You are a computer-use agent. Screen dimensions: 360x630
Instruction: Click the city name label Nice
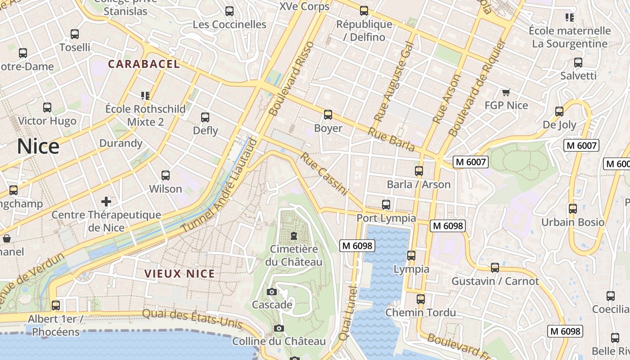(38, 147)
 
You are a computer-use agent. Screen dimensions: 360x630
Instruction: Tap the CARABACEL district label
(144, 64)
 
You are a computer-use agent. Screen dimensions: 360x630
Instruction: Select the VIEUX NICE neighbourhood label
(180, 274)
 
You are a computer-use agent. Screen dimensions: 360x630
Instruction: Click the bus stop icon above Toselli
(75, 34)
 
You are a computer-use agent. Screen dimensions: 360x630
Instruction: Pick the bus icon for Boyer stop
(328, 115)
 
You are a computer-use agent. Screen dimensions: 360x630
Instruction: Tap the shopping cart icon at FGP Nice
(506, 92)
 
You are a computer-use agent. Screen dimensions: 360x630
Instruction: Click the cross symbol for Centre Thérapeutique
(106, 201)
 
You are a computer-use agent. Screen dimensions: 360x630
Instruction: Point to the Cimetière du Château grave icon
(294, 236)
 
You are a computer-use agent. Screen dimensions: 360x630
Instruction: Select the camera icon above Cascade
(271, 292)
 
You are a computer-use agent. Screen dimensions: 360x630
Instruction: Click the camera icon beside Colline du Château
(279, 328)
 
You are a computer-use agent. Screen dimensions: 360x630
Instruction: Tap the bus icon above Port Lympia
(386, 205)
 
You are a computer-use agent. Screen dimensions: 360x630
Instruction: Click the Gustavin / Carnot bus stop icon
(495, 268)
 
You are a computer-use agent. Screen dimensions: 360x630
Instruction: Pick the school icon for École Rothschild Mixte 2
(145, 95)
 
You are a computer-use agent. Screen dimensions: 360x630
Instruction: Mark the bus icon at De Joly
(559, 112)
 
